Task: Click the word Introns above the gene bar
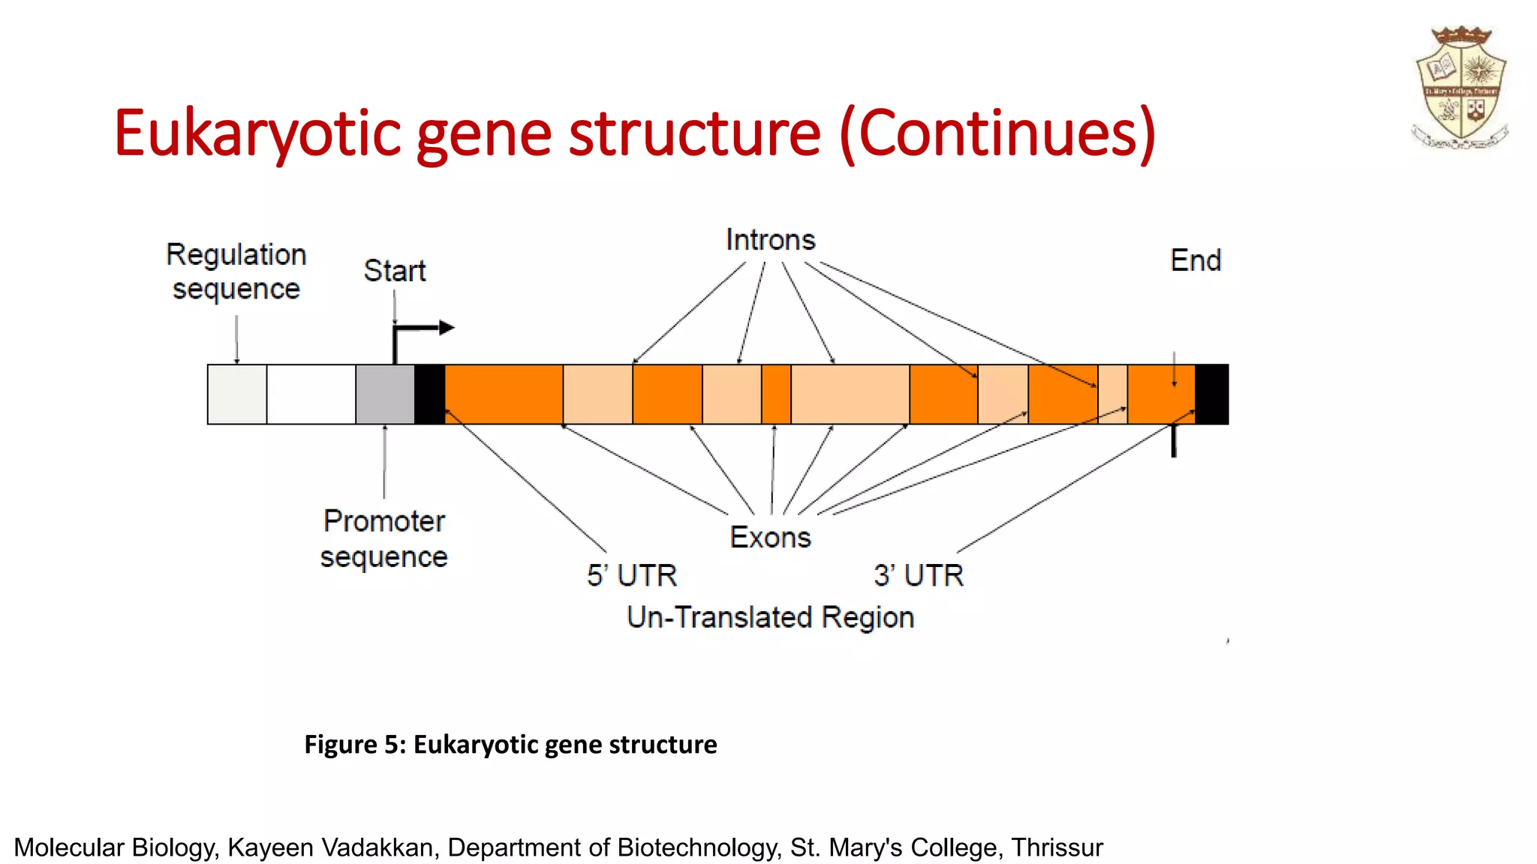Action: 770,240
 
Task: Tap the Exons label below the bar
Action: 770,538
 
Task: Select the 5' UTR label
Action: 632,576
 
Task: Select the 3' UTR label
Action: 919,576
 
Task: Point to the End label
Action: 1196,261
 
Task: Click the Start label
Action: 395,271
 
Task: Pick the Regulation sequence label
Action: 236,271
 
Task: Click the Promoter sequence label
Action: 384,539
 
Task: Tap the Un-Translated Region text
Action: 770,617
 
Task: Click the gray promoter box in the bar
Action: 385,394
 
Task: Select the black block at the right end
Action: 1211,394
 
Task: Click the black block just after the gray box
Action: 429,394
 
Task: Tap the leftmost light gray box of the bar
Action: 237,394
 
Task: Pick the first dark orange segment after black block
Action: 504,394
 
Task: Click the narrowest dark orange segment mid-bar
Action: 776,394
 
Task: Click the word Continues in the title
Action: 997,133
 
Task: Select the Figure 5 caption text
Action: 510,744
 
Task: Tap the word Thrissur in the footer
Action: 1057,847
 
